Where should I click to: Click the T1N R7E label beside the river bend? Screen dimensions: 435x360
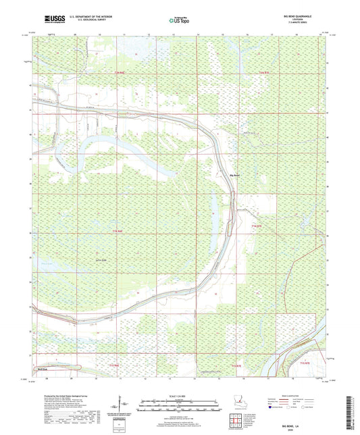(255, 224)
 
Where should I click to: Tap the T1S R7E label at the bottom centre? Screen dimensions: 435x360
(236, 365)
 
